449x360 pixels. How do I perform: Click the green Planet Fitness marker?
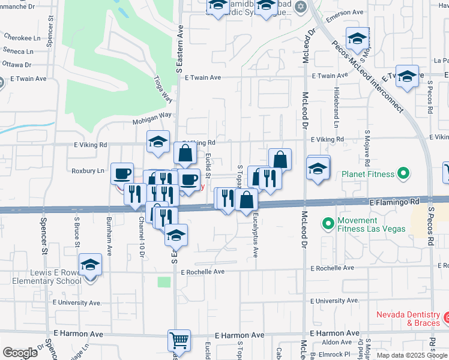coord(404,175)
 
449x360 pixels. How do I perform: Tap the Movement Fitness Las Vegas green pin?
coord(328,224)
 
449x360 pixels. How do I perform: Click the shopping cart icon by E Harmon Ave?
coord(179,340)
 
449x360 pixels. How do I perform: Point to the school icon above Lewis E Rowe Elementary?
coord(90,264)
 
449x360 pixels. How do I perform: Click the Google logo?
coord(20,352)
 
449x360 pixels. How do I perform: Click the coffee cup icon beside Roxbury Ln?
coord(122,173)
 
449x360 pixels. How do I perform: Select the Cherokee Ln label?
coord(17,37)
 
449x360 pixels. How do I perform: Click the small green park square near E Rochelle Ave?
coord(164,281)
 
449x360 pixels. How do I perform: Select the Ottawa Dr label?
coord(17,65)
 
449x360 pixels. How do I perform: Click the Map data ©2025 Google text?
coord(411,355)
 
